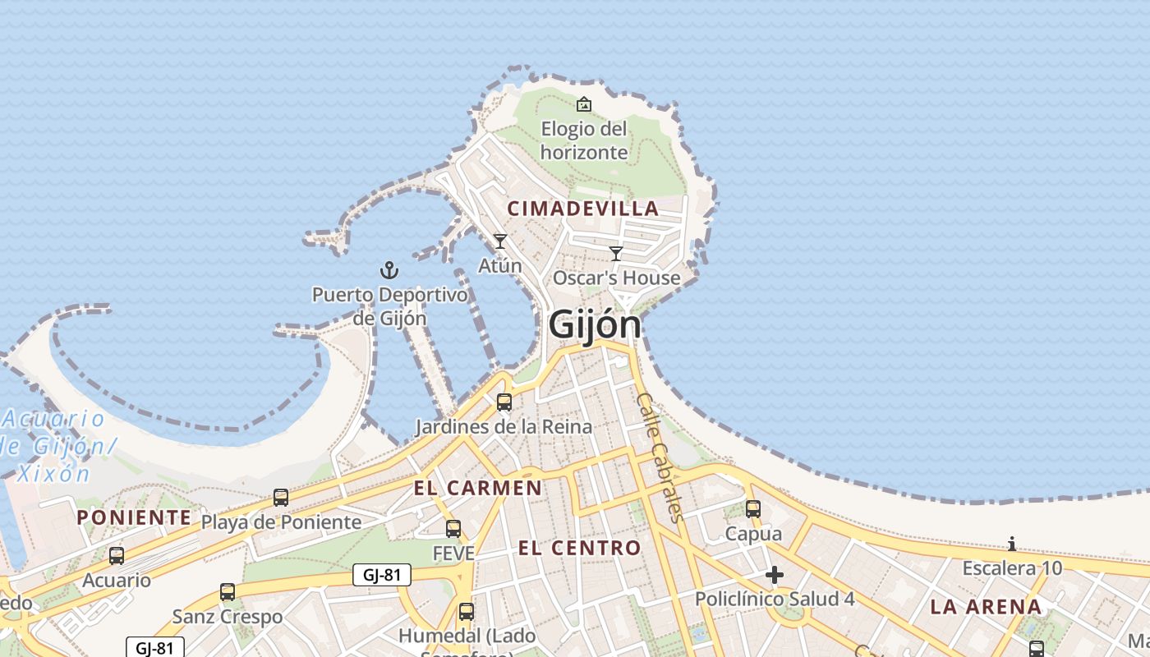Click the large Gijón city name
point(594,324)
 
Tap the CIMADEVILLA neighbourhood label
point(583,209)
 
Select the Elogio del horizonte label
point(583,140)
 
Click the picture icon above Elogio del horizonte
point(583,104)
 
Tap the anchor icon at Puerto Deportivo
point(389,270)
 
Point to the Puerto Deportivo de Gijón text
point(389,306)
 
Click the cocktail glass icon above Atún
point(499,241)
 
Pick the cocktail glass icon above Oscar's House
point(616,253)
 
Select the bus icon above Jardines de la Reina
point(504,402)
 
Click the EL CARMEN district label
point(477,489)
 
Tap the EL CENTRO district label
point(579,548)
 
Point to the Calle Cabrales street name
point(659,457)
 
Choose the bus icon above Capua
point(753,508)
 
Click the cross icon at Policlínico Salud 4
point(774,575)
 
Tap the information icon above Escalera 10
point(1012,544)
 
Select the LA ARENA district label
point(986,608)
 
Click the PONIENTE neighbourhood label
point(134,517)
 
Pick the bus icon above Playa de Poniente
point(281,498)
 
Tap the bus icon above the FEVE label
point(453,529)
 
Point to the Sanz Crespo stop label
point(228,616)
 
